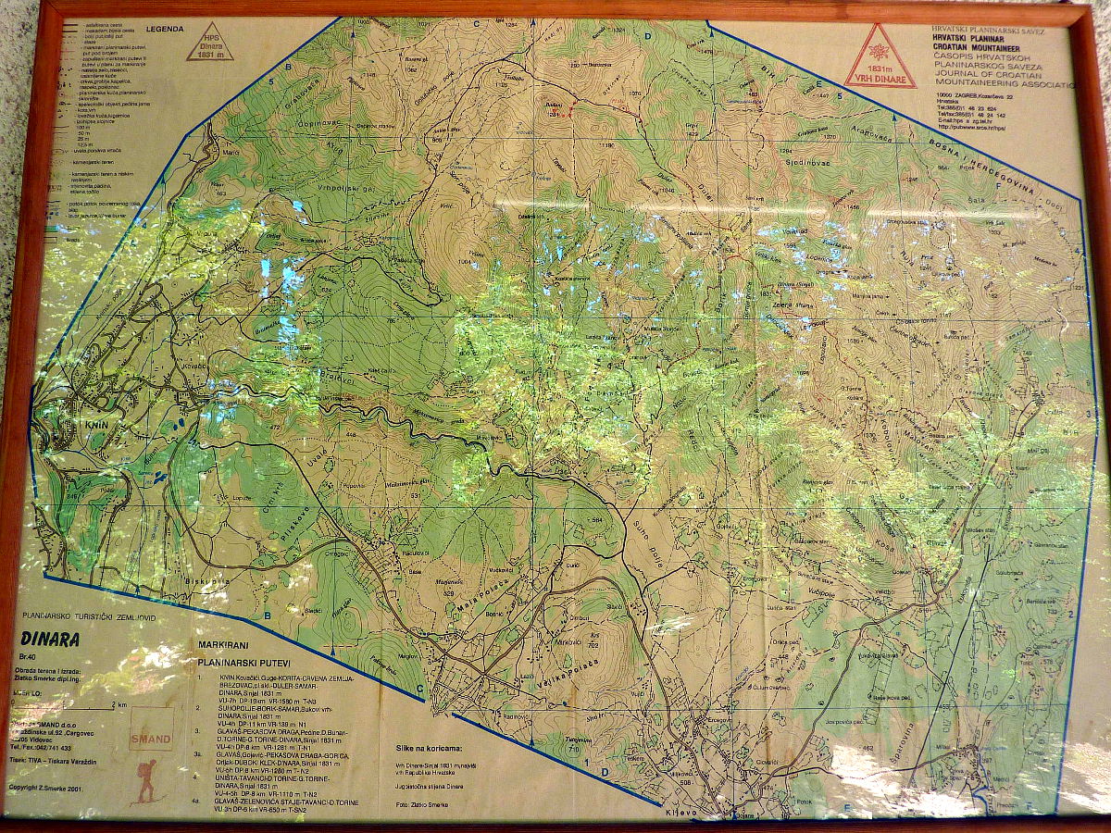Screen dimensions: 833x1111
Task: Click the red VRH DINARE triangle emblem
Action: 880,57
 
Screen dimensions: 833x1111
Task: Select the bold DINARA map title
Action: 48,639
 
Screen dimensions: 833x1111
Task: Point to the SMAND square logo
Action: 151,732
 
